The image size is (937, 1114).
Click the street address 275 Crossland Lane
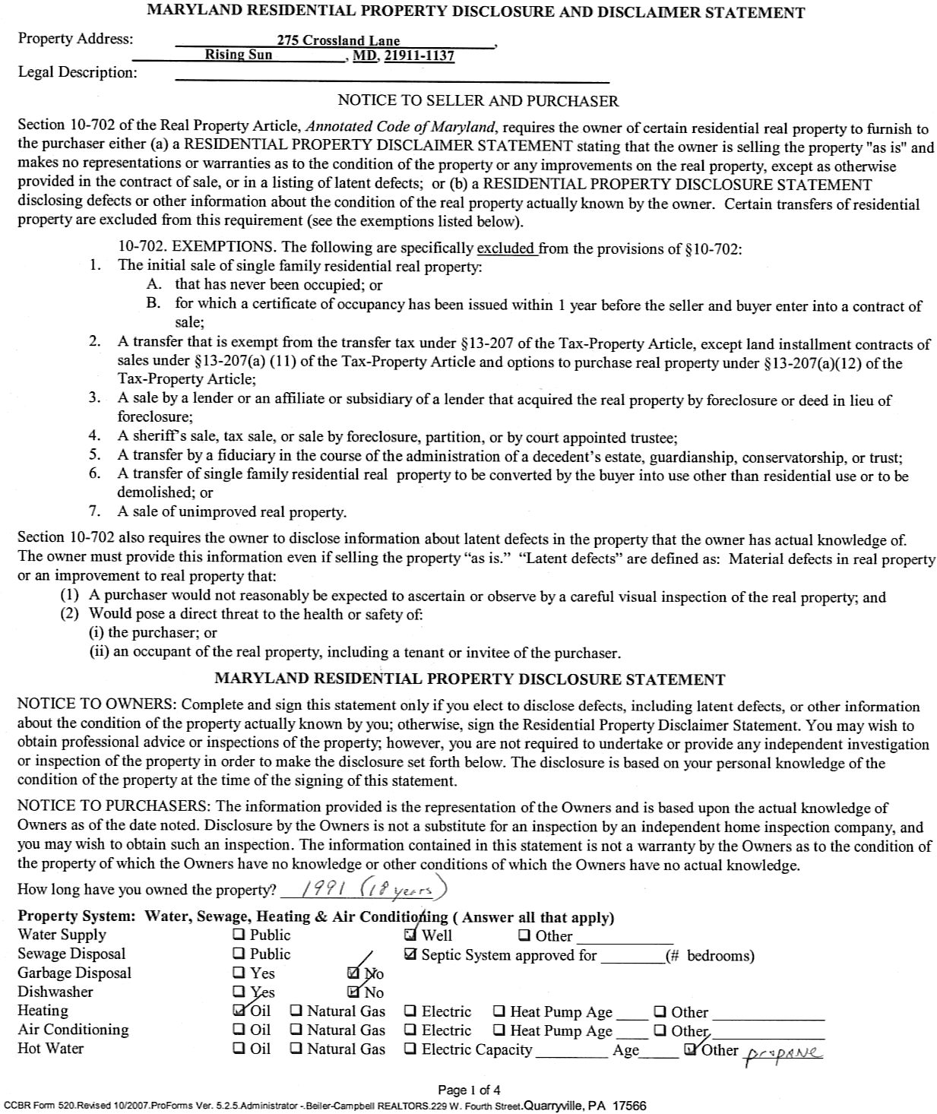[338, 41]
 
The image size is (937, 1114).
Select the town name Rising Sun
[239, 55]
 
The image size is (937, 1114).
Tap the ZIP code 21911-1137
[419, 55]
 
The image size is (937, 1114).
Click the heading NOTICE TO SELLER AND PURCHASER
[478, 101]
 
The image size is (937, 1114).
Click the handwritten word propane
[785, 1052]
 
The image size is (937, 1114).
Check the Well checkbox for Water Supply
[411, 935]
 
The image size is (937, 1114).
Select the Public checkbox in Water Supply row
[239, 935]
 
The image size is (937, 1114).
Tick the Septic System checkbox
[411, 954]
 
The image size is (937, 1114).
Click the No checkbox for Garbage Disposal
[353, 973]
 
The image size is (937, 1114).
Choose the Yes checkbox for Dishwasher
[239, 992]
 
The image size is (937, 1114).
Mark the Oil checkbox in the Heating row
[239, 1011]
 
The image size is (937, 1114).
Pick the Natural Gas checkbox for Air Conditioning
[296, 1030]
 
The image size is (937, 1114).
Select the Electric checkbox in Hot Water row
[410, 1049]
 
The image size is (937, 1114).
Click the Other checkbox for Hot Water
[690, 1049]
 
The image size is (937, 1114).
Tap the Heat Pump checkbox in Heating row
[499, 1011]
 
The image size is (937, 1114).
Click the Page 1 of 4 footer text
[469, 1090]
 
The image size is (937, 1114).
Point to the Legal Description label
[78, 73]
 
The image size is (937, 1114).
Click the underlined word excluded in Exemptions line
[507, 248]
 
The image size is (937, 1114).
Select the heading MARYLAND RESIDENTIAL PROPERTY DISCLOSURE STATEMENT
[470, 679]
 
